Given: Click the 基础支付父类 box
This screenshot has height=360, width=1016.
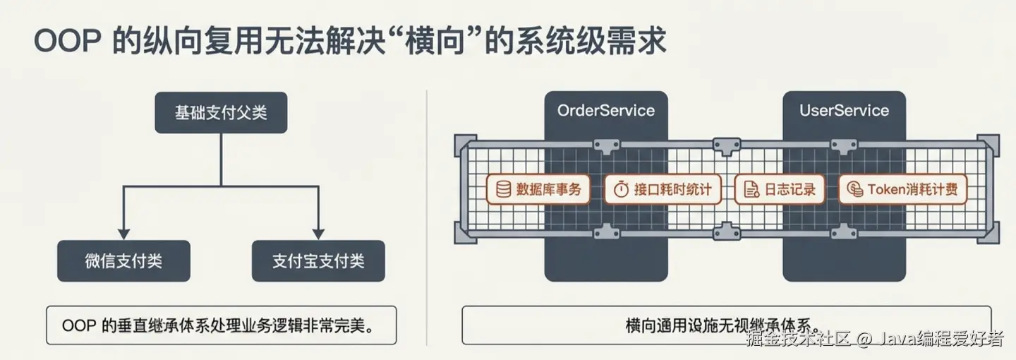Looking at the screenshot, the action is (x=221, y=112).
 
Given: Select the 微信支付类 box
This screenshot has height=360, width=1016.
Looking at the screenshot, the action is (x=123, y=261).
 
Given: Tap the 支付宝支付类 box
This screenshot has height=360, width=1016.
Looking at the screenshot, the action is (x=318, y=261).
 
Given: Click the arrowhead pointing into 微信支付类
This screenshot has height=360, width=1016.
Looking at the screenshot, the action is (x=123, y=233).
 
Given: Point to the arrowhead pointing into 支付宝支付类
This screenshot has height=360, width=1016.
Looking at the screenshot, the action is (x=318, y=233).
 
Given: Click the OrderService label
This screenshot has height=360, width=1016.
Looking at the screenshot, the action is (x=605, y=111).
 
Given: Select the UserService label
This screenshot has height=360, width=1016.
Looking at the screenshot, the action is (x=844, y=111).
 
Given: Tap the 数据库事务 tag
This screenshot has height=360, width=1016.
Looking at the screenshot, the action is (x=538, y=189).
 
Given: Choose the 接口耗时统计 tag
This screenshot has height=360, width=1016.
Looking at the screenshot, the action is (x=663, y=189).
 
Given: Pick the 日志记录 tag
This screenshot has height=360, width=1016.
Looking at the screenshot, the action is (x=779, y=189).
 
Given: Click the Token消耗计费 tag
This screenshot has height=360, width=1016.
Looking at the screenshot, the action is (x=902, y=189).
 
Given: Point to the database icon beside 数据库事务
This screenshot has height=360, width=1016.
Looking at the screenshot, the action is (x=503, y=189).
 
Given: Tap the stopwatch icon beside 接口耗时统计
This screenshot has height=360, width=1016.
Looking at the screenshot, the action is (x=621, y=189).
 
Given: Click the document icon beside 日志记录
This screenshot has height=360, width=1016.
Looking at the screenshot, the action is (x=751, y=189).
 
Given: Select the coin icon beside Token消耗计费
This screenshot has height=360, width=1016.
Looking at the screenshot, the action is (x=854, y=189).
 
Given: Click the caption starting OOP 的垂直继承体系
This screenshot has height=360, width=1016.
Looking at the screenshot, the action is (x=221, y=325).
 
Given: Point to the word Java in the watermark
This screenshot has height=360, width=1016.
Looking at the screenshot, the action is (x=897, y=339).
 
